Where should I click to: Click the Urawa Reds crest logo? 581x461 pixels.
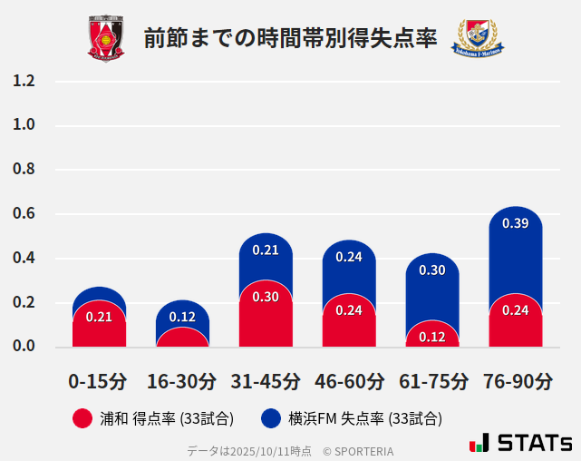(106, 38)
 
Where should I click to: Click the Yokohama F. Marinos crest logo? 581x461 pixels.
(477, 38)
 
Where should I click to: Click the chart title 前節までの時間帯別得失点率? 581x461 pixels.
(290, 38)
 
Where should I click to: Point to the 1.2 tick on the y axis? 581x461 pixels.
(24, 82)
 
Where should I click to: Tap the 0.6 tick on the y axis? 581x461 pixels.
(24, 214)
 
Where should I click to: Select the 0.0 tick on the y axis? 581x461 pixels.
(24, 347)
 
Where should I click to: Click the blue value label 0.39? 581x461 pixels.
(515, 223)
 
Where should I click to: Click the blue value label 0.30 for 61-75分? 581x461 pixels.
(431, 270)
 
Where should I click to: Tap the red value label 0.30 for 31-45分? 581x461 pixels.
(266, 297)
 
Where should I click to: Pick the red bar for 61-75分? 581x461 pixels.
(431, 336)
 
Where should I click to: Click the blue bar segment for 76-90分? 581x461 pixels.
(515, 254)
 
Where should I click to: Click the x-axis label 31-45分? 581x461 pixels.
(266, 381)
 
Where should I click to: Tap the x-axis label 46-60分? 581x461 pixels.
(349, 381)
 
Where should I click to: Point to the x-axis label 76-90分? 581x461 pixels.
(515, 381)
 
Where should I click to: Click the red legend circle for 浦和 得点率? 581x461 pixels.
(82, 418)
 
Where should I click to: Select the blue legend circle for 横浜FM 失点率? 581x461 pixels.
(271, 418)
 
